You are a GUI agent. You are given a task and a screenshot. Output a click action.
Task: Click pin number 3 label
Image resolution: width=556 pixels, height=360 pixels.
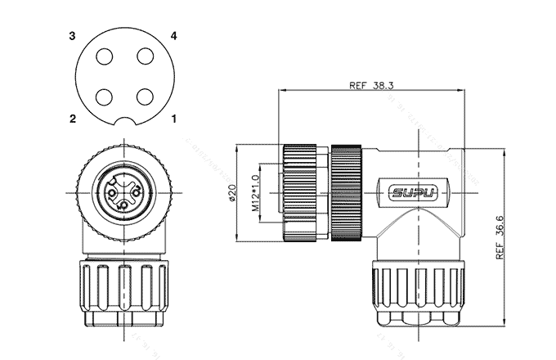pyautogui.click(x=73, y=36)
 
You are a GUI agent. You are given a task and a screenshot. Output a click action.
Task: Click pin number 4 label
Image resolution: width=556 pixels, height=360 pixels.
pyautogui.click(x=174, y=36)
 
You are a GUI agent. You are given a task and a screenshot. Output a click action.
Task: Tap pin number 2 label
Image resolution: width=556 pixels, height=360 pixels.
pyautogui.click(x=73, y=119)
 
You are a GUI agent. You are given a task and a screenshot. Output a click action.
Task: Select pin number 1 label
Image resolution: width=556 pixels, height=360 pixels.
pyautogui.click(x=174, y=119)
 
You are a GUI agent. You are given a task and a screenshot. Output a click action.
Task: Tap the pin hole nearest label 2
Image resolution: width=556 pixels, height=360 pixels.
pyautogui.click(x=105, y=96)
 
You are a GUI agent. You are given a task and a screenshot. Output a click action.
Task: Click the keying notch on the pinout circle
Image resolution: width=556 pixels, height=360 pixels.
pyautogui.click(x=124, y=124)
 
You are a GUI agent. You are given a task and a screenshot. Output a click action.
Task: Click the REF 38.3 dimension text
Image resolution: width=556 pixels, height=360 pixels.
pyautogui.click(x=373, y=85)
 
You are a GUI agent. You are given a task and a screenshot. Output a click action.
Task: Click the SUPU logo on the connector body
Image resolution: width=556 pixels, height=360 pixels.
pyautogui.click(x=414, y=193)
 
